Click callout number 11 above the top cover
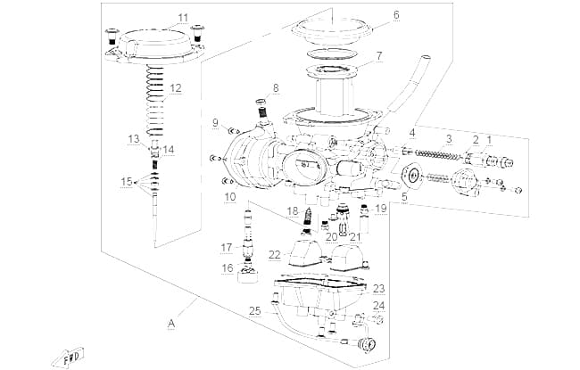coord(183,18)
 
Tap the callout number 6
coord(396,15)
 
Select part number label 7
coord(379,56)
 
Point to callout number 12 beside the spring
coord(176,88)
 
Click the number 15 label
coord(127,182)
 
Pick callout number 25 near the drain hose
coord(254,311)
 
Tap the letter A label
coord(171,324)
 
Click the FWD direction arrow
coord(69,358)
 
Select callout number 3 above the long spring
coord(449,139)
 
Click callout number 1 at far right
coord(489,140)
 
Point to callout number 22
coord(275,255)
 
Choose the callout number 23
coord(378,289)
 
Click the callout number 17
coord(227,248)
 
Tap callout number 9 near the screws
coord(215,123)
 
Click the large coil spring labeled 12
coord(155,100)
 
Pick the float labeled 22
coord(307,253)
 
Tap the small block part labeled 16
coord(248,275)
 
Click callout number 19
coord(381,209)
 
